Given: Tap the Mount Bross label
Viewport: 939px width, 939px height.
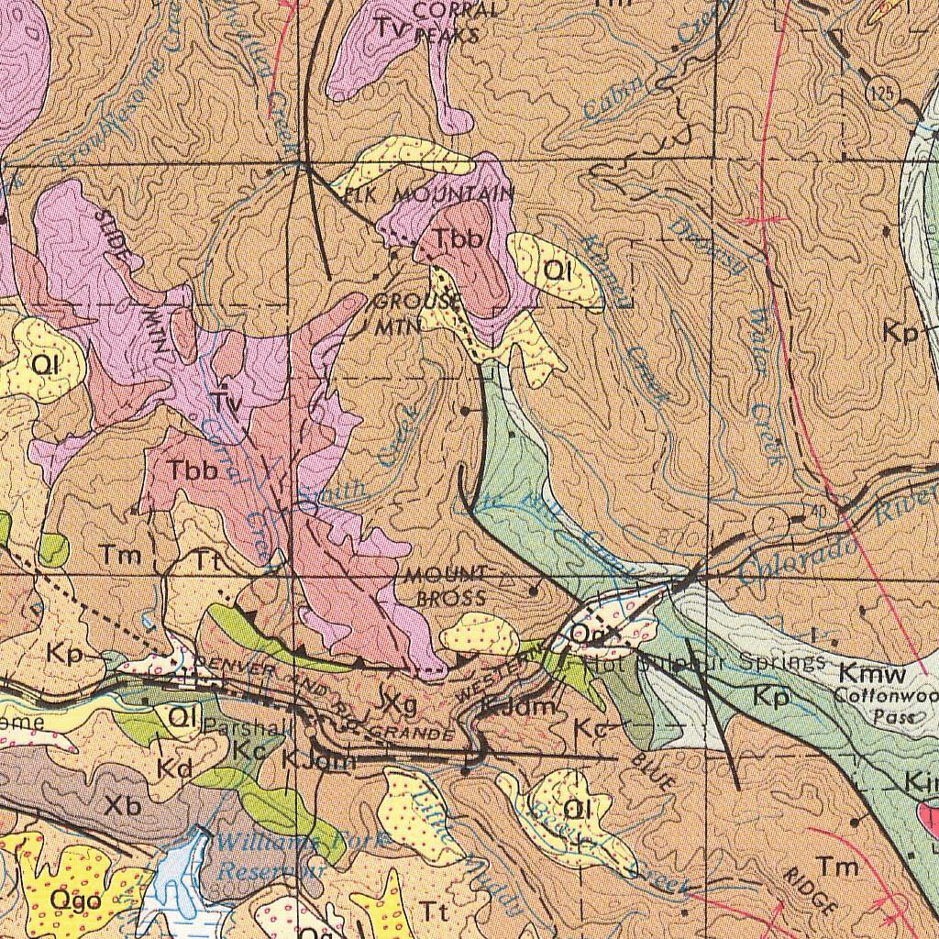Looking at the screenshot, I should pos(447,586).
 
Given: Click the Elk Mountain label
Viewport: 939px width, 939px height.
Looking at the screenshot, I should pos(430,194).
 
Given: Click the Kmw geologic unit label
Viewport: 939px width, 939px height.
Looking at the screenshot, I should pos(872,674).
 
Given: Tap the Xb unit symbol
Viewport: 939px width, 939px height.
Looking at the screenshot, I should pos(123,806).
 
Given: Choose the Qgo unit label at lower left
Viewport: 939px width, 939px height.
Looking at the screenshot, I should pos(75,900).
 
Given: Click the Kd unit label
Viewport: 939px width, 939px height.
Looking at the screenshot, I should pos(173,768).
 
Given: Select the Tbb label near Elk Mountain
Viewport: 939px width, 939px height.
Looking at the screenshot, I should pos(458,238).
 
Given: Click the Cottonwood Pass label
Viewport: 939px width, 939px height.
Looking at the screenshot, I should pos(885,705).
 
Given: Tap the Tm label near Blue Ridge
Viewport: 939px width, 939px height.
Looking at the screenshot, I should pos(837,866).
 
